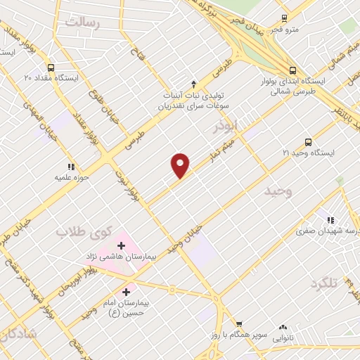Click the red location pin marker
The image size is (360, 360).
pyautogui.click(x=181, y=165)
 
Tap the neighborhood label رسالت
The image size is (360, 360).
pyautogui.click(x=84, y=23)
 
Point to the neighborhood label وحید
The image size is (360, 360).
pyautogui.click(x=278, y=191)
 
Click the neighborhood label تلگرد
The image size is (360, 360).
pyautogui.click(x=324, y=283)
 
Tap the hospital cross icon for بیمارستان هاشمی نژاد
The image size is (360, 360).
pyautogui.click(x=122, y=246)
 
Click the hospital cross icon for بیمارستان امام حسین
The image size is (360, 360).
pyautogui.click(x=127, y=292)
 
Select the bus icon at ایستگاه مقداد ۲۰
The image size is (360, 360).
pyautogui.click(x=51, y=68)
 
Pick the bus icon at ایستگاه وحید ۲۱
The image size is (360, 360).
pyautogui.click(x=308, y=142)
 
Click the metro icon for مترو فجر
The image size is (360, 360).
pyautogui.click(x=284, y=19)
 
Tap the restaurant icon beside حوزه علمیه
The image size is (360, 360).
pyautogui.click(x=71, y=167)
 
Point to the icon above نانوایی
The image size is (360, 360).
pyautogui.click(x=283, y=327)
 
